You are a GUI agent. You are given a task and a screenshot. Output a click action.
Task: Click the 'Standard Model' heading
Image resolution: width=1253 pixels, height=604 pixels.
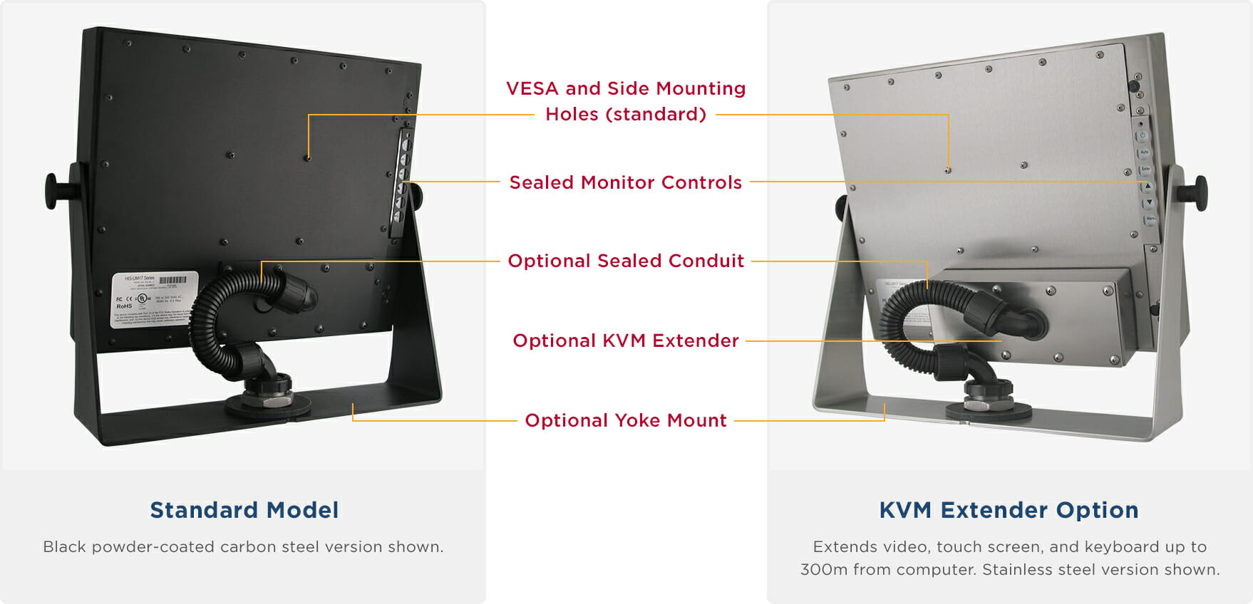coord(244,510)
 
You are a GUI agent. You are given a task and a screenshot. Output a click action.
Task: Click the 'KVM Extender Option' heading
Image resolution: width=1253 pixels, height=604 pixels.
coord(1009,510)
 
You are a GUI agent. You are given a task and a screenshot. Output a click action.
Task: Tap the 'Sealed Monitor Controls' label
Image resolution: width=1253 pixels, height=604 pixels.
coord(625,182)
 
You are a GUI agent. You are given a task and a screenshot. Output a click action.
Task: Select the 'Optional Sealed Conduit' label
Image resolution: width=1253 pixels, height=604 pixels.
coord(625,261)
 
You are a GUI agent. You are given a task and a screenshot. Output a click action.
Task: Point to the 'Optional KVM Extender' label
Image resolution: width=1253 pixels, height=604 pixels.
coord(625,340)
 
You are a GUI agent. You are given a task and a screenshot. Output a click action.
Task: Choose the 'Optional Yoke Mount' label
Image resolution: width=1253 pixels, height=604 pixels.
coord(625,420)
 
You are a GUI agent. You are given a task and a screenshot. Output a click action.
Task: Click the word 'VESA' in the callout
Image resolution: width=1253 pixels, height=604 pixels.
coord(532,88)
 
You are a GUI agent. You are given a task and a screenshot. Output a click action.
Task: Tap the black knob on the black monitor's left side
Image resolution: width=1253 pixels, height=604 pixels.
coord(54,191)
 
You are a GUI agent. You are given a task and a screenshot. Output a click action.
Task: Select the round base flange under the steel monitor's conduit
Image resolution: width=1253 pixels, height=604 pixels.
coord(989,410)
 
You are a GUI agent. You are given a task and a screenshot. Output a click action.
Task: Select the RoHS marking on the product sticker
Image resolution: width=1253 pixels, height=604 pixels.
coord(124,306)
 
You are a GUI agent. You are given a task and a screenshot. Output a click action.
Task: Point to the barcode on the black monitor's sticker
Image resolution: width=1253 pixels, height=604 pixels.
coord(172,280)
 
